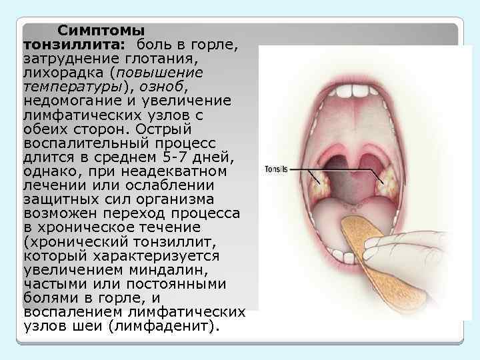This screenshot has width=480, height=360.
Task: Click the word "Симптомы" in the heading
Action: point(100,31)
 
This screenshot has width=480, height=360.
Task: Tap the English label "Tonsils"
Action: point(275,169)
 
